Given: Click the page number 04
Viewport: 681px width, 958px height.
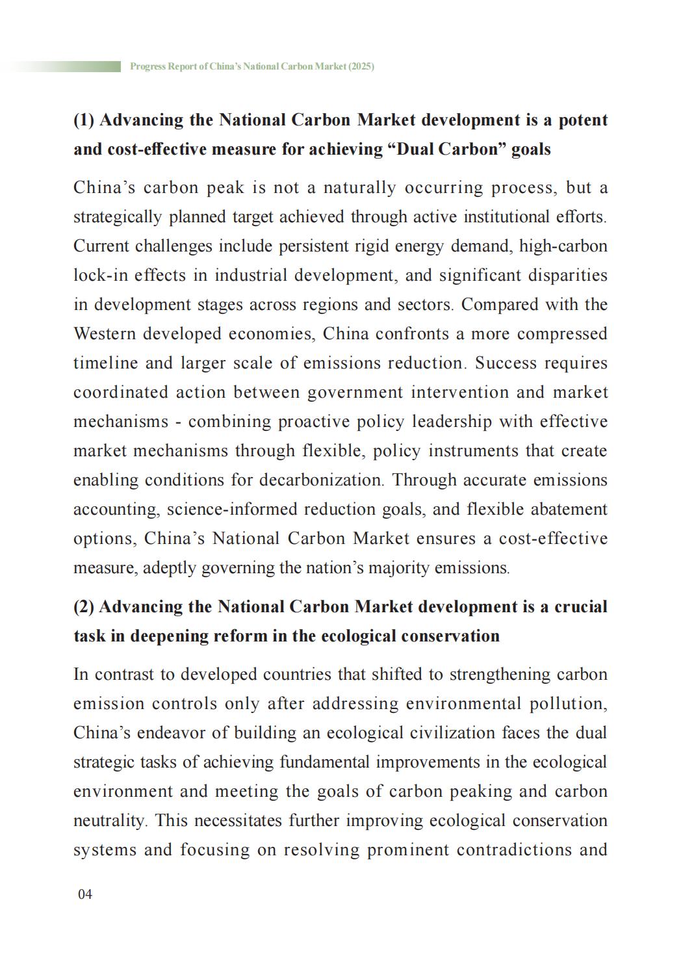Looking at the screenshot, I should point(85,894).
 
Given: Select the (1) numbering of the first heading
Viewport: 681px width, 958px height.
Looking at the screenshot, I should point(84,120).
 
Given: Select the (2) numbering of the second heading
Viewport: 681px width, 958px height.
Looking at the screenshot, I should point(84,607).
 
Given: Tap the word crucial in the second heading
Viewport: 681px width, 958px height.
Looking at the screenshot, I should point(580,607).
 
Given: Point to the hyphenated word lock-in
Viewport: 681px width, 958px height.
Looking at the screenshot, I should point(100,276).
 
